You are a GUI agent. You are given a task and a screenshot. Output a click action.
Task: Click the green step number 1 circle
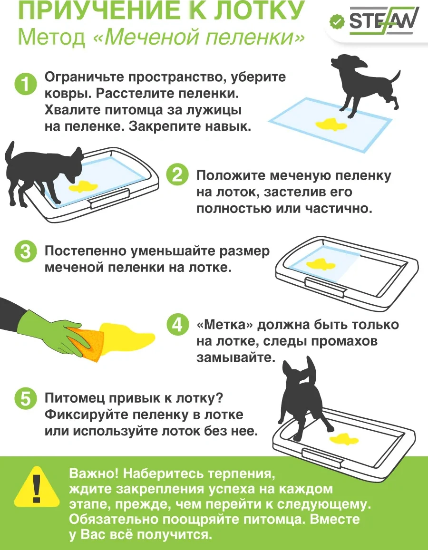click(26, 85)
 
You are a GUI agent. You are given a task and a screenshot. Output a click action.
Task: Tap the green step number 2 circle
click(177, 174)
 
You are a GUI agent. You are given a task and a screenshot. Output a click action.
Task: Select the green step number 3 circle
click(26, 251)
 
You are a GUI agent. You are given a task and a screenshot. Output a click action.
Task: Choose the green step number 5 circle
click(26, 399)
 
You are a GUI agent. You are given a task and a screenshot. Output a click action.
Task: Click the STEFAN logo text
click(383, 22)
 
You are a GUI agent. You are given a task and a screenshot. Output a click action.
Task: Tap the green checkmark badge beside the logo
click(337, 21)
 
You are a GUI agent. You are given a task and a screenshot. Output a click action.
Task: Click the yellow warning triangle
click(37, 487)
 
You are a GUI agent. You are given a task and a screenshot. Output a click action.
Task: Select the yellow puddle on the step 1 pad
click(331, 125)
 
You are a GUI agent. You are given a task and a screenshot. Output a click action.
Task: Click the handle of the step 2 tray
click(110, 199)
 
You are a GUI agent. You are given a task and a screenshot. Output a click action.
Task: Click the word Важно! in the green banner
click(94, 473)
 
